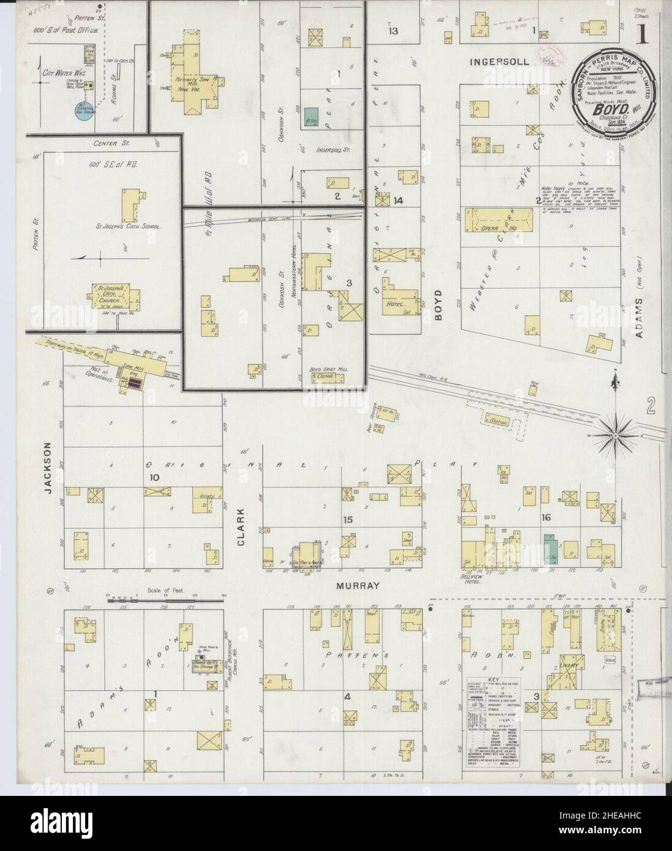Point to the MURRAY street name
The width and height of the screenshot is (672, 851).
(x=358, y=586)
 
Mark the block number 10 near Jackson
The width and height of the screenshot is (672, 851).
(x=152, y=478)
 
